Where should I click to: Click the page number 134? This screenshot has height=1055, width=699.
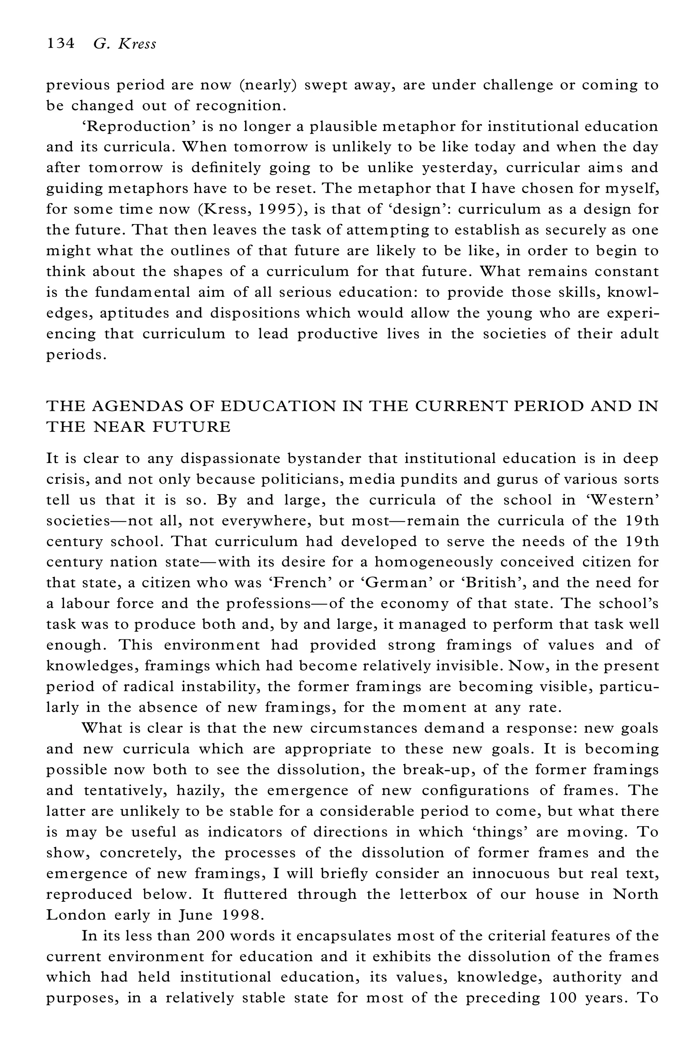tap(60, 44)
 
